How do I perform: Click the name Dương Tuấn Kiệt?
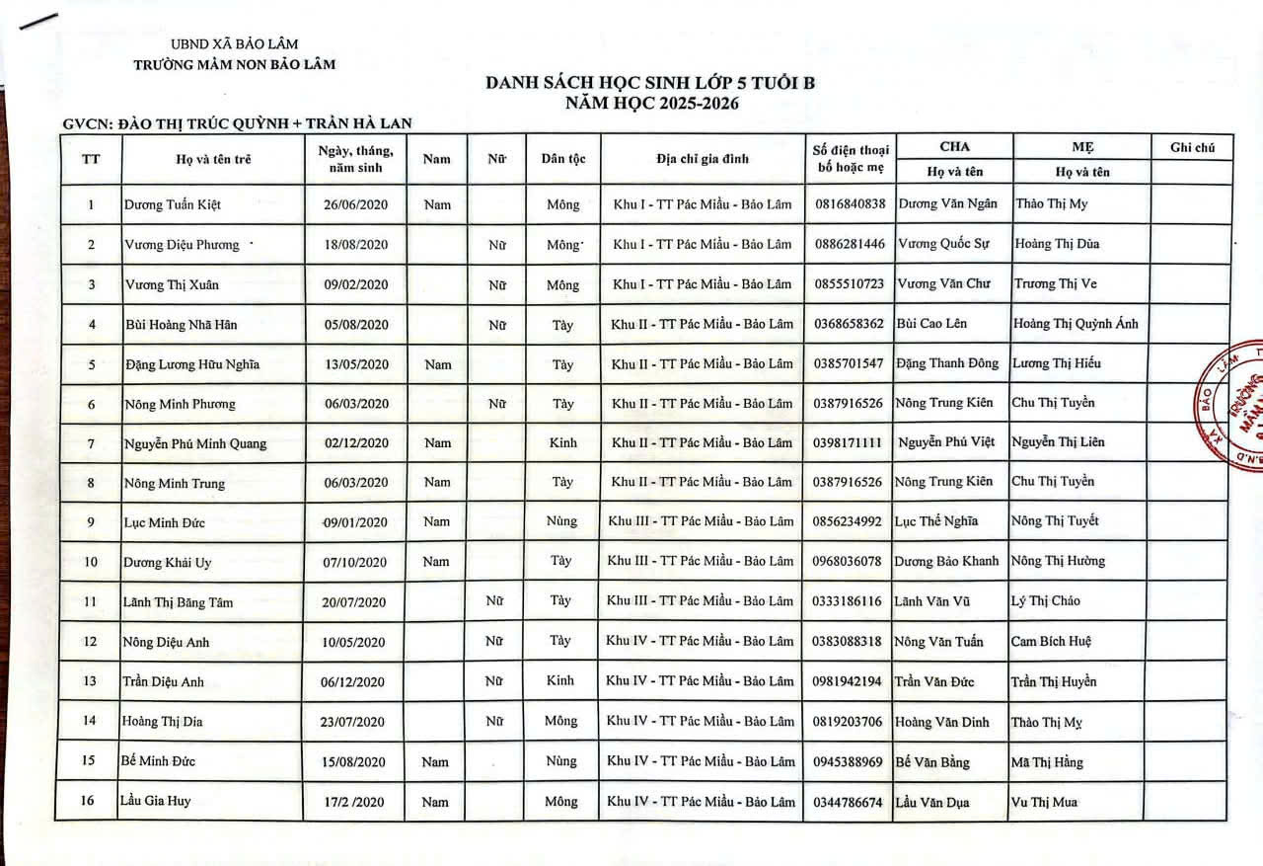173,205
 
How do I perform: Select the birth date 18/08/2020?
356,245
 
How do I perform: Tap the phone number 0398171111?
849,442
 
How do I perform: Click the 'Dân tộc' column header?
563,159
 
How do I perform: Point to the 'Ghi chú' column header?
1192,147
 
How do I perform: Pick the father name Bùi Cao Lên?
931,323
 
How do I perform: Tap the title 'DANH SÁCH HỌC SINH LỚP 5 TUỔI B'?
650,83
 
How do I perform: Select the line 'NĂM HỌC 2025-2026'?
651,103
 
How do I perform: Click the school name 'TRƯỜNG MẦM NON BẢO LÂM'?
235,64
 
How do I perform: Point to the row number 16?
88,801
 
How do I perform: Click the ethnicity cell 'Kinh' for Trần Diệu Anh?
560,680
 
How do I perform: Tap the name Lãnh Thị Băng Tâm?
178,601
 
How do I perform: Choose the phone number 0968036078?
848,561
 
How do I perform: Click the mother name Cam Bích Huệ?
1051,641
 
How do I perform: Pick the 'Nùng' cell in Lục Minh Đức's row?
560,521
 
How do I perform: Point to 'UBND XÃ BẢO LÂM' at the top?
235,44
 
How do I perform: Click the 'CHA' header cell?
954,146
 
